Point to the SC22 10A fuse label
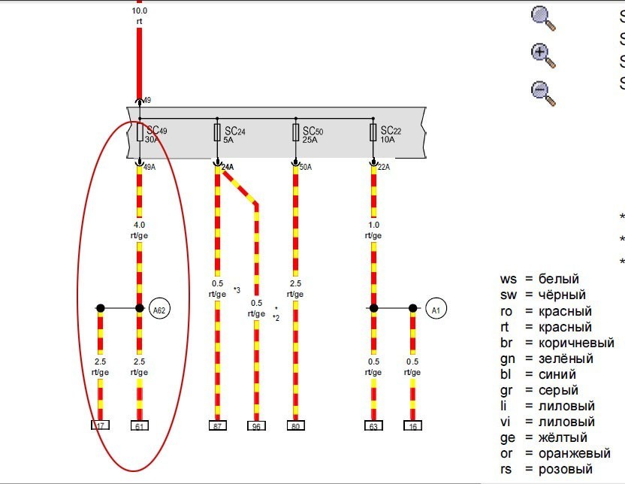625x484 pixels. pyautogui.click(x=391, y=134)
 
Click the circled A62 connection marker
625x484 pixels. pyautogui.click(x=159, y=308)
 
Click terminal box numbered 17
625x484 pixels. pyautogui.click(x=100, y=426)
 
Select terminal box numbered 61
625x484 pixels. pyautogui.click(x=139, y=426)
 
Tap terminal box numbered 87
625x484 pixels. pyautogui.click(x=218, y=426)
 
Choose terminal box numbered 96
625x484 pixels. pyautogui.click(x=257, y=426)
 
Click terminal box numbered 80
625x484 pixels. pyautogui.click(x=295, y=426)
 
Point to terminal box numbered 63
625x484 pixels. pyautogui.click(x=373, y=426)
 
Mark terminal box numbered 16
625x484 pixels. pyautogui.click(x=412, y=426)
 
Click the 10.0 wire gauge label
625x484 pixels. pyautogui.click(x=139, y=11)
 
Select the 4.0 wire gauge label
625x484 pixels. pyautogui.click(x=139, y=224)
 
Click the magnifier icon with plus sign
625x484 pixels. pyautogui.click(x=542, y=54)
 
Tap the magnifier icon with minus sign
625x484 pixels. pyautogui.click(x=542, y=92)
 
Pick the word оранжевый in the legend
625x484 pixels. pyautogui.click(x=575, y=453)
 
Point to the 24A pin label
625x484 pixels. pyautogui.click(x=228, y=168)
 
